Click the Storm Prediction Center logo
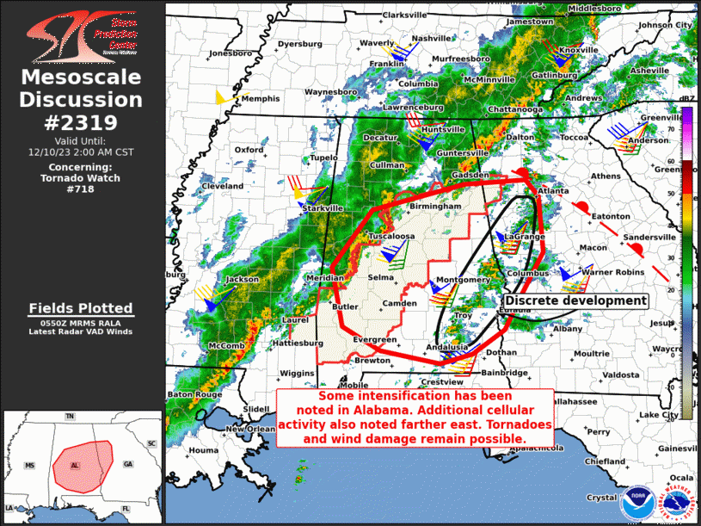tap(81, 34)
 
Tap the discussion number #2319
tap(81, 121)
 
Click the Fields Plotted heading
tap(81, 308)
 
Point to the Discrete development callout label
tap(574, 300)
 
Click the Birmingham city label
tap(441, 207)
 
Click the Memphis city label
tap(261, 99)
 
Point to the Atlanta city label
tap(553, 190)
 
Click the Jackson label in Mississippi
tap(242, 280)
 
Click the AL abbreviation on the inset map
tap(75, 464)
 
